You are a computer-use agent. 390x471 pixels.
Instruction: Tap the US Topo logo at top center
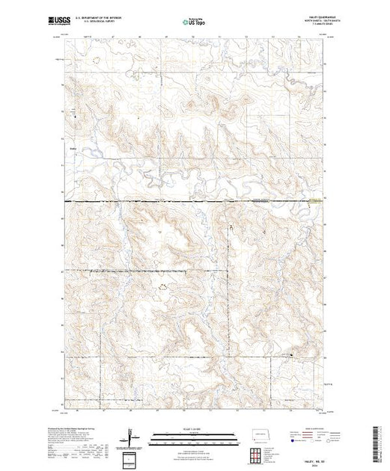[195, 22]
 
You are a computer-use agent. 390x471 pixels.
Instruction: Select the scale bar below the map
[195, 437]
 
